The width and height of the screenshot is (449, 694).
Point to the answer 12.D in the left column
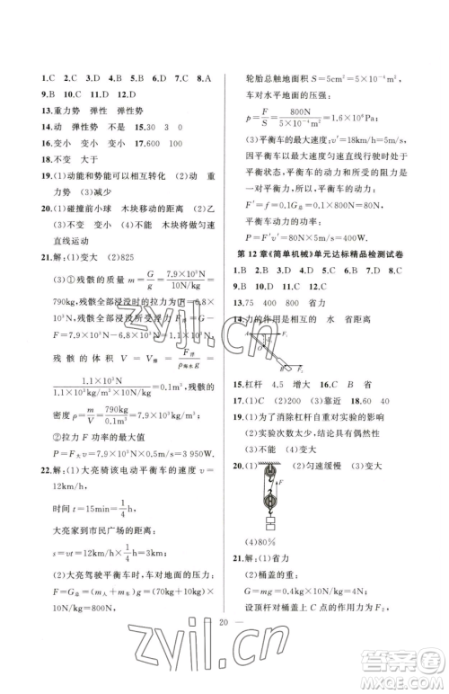(123, 95)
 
